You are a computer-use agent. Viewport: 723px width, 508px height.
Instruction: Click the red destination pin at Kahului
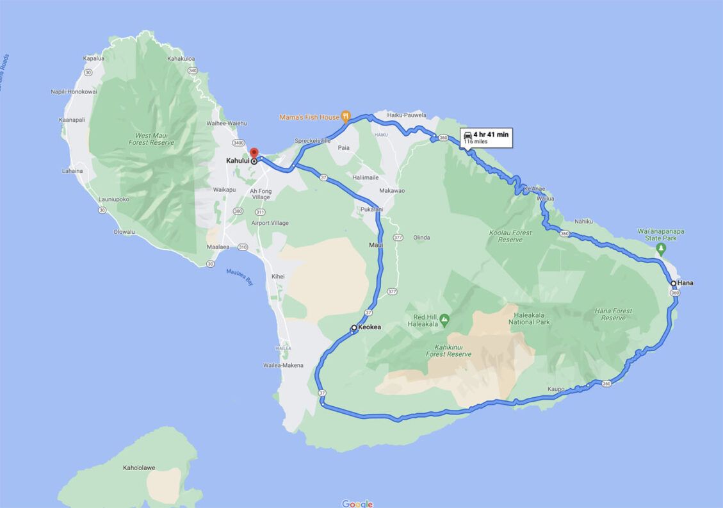254,153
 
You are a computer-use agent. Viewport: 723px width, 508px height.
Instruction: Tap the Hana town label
686,283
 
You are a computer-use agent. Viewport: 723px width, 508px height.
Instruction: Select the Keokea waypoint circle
354,327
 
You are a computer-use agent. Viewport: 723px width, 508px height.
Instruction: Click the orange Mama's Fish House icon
346,116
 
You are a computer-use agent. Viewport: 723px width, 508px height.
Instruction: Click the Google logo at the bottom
357,504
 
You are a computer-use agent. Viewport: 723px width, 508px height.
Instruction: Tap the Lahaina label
72,171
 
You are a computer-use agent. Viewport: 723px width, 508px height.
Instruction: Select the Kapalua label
93,58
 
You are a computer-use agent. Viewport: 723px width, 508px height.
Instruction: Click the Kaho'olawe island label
139,468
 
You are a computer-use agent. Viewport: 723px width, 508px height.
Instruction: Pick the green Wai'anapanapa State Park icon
662,247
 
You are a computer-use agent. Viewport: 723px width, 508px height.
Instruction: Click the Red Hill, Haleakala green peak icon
444,318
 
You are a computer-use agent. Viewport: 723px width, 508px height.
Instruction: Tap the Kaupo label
556,389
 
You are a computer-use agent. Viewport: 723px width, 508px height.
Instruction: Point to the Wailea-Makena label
282,365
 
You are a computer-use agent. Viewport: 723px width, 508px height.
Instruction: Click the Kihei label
277,276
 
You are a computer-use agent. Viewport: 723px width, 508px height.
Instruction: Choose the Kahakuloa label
181,58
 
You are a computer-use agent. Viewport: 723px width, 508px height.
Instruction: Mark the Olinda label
422,237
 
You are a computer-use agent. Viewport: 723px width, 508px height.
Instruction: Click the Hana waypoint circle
673,283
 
